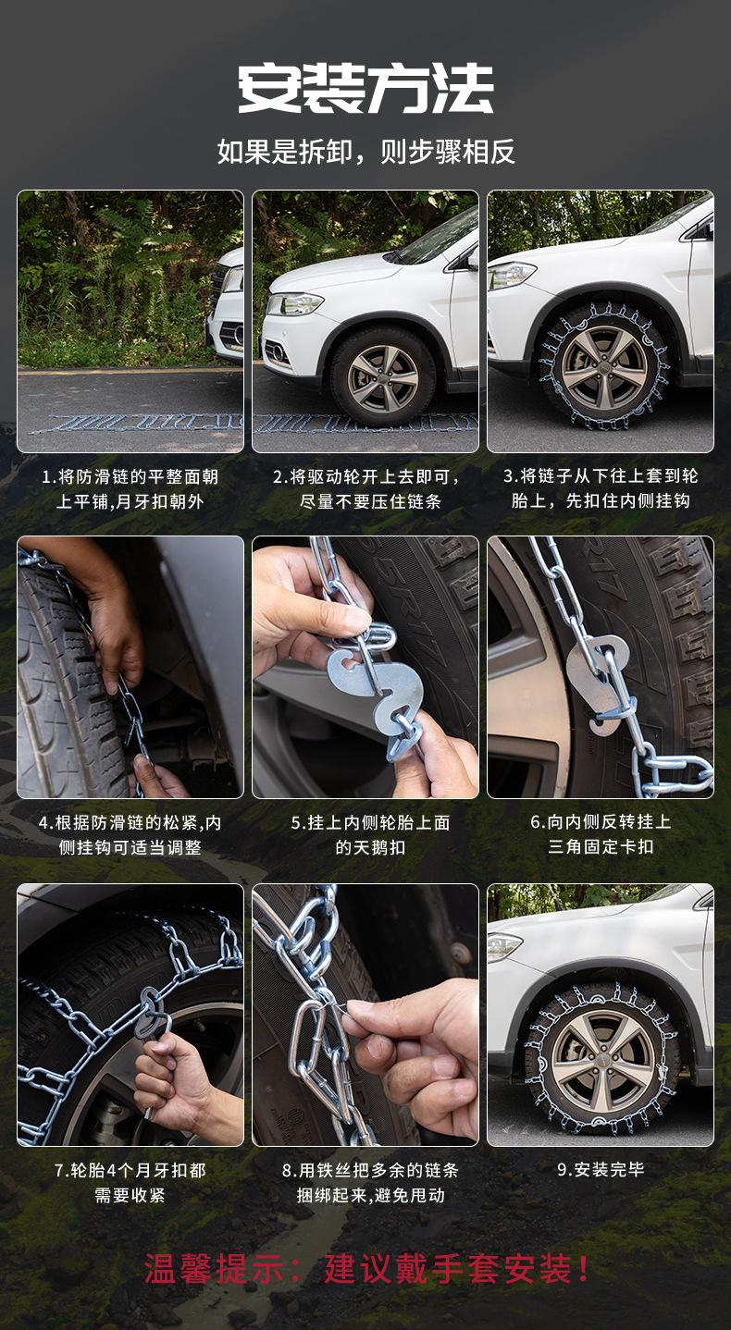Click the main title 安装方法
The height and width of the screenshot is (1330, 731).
pyautogui.click(x=365, y=88)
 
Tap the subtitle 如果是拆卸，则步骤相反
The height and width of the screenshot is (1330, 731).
pyautogui.click(x=365, y=152)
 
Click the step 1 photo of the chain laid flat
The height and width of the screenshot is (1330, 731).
pyautogui.click(x=130, y=321)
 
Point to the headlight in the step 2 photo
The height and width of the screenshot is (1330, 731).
pyautogui.click(x=294, y=304)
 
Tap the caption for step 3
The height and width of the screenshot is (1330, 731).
pyautogui.click(x=601, y=488)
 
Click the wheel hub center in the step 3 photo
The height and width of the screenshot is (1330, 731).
pyautogui.click(x=604, y=364)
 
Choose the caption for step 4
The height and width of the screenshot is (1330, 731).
pyautogui.click(x=130, y=835)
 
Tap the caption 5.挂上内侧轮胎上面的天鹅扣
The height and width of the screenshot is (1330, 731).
pyautogui.click(x=370, y=835)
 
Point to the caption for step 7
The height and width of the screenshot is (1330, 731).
pyautogui.click(x=130, y=1182)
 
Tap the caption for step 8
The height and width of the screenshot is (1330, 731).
pyautogui.click(x=370, y=1182)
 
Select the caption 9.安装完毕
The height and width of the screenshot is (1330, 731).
pyautogui.click(x=601, y=1170)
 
